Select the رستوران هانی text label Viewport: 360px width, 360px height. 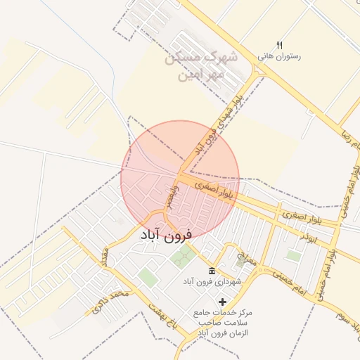(x=279, y=56)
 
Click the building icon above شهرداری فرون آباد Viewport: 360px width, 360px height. (x=212, y=271)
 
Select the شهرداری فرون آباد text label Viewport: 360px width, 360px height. (x=212, y=281)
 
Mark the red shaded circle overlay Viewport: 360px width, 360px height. (x=181, y=180)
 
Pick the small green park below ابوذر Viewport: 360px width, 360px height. (x=292, y=256)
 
